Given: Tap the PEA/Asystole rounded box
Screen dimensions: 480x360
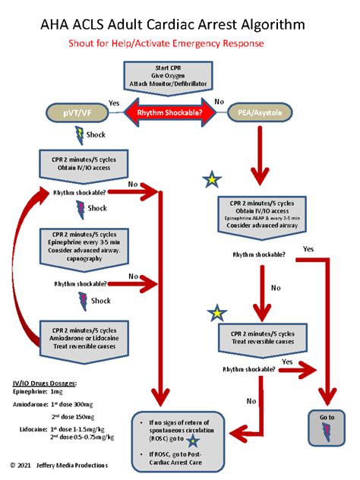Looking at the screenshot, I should tap(259, 114).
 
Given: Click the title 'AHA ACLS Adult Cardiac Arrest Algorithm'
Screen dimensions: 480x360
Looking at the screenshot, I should tap(173, 25).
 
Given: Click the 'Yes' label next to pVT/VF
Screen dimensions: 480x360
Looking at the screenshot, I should tap(114, 103).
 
